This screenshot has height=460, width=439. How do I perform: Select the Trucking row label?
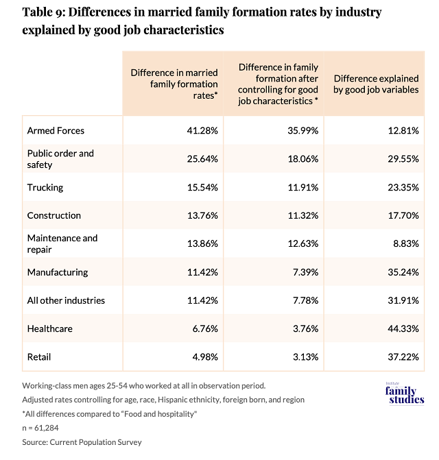tap(45, 186)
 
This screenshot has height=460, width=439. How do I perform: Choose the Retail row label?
tap(40, 357)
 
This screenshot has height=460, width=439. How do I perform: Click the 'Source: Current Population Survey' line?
tap(82, 442)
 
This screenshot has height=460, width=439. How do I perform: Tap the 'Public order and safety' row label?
tap(60, 158)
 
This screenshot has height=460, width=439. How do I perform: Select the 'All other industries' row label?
tap(65, 300)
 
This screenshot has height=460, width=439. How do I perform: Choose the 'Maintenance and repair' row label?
tap(62, 243)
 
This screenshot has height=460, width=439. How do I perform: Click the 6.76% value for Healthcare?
tap(204, 329)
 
